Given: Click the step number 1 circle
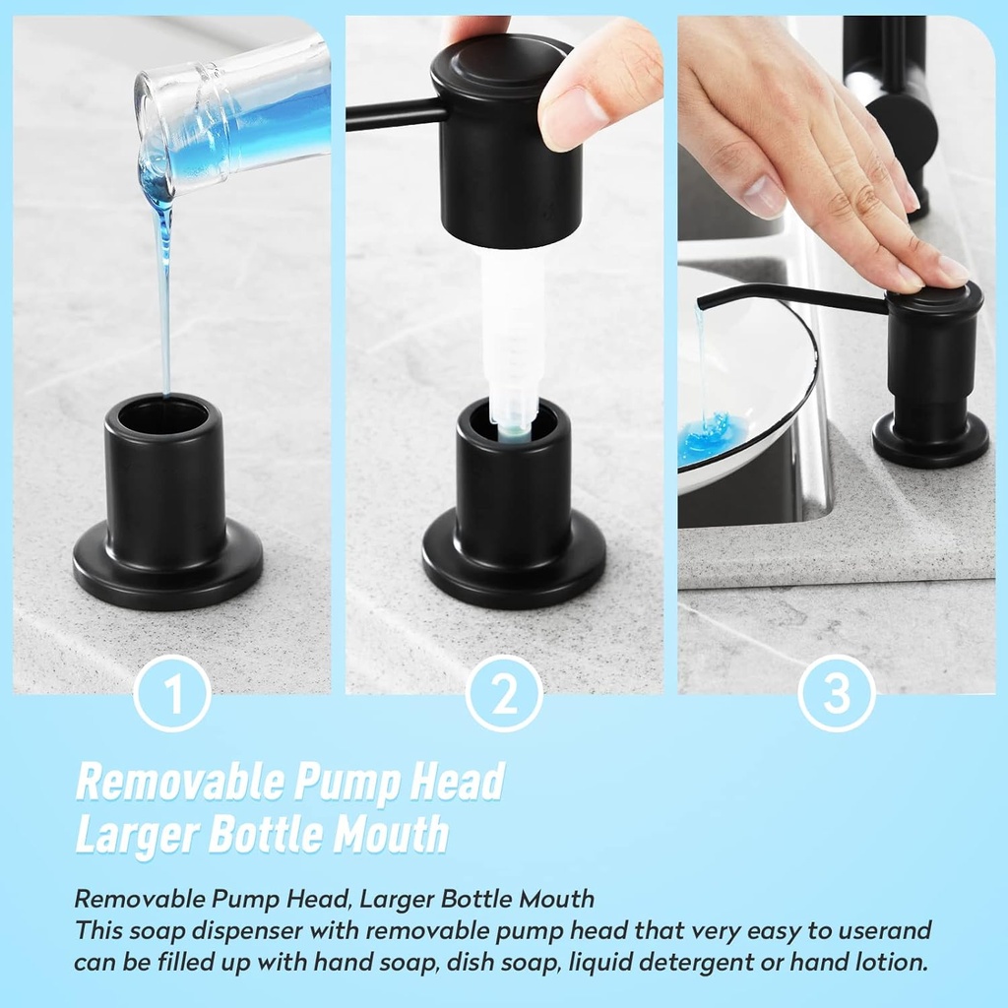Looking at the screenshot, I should pos(172,693).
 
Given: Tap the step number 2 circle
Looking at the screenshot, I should pos(504,693).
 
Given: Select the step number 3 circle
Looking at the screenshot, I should pos(836,693).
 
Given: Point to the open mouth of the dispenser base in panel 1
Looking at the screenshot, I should pos(163,415).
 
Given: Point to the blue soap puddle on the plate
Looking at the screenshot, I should pos(711,438).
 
